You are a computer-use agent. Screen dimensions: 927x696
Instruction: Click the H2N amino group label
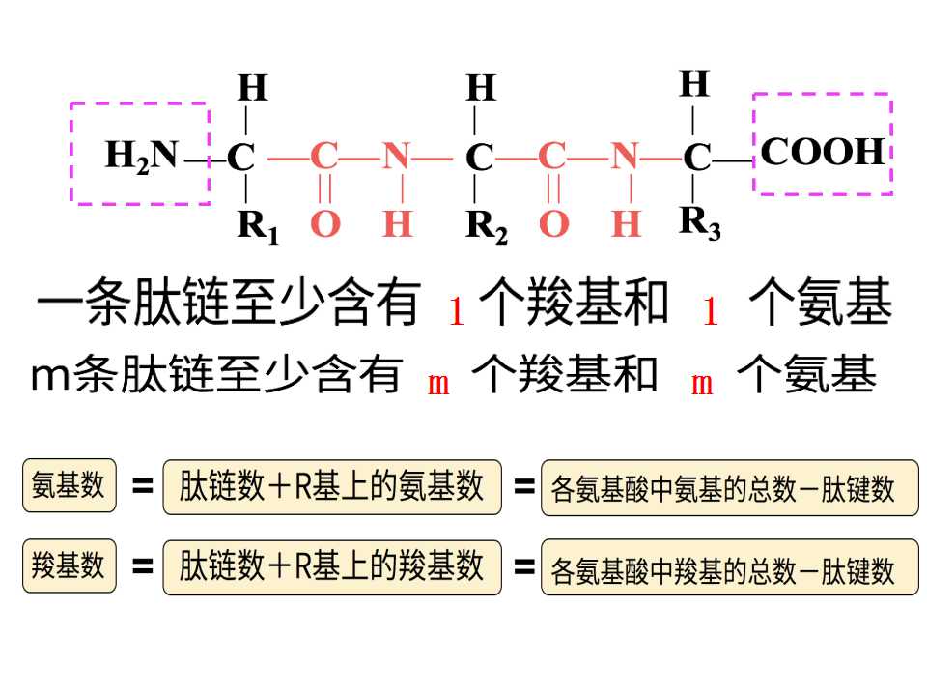pyautogui.click(x=142, y=156)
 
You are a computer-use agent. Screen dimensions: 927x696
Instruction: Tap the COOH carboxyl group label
pyautogui.click(x=823, y=152)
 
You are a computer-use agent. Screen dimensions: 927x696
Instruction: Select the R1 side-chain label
pyautogui.click(x=259, y=226)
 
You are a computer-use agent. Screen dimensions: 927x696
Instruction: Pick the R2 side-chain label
pyautogui.click(x=487, y=226)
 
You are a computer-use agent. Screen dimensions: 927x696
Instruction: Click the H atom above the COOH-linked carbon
pyautogui.click(x=694, y=83)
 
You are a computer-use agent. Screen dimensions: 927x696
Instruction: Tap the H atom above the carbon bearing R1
pyautogui.click(x=253, y=88)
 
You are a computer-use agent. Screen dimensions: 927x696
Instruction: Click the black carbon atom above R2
pyautogui.click(x=479, y=158)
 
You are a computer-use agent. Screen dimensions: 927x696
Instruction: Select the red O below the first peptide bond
pyautogui.click(x=325, y=224)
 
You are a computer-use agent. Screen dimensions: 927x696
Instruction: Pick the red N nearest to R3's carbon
pyautogui.click(x=625, y=157)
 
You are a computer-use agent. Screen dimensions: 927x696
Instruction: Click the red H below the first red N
pyautogui.click(x=397, y=224)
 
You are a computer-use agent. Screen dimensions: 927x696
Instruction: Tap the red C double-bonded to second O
pyautogui.click(x=552, y=157)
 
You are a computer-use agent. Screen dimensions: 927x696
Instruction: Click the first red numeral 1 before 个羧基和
pyautogui.click(x=457, y=311)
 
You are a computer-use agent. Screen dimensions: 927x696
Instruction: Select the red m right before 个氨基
pyautogui.click(x=702, y=385)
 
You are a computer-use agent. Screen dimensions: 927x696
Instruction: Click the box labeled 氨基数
pyautogui.click(x=70, y=485)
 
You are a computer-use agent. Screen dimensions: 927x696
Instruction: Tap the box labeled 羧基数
pyautogui.click(x=70, y=565)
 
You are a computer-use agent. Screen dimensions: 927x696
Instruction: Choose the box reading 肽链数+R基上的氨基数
pyautogui.click(x=332, y=487)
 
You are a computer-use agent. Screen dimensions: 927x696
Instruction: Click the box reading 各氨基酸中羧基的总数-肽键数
pyautogui.click(x=730, y=567)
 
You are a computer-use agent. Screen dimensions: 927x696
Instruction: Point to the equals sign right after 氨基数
pyautogui.click(x=142, y=486)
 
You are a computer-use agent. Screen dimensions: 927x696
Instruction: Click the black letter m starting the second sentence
pyautogui.click(x=50, y=377)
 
